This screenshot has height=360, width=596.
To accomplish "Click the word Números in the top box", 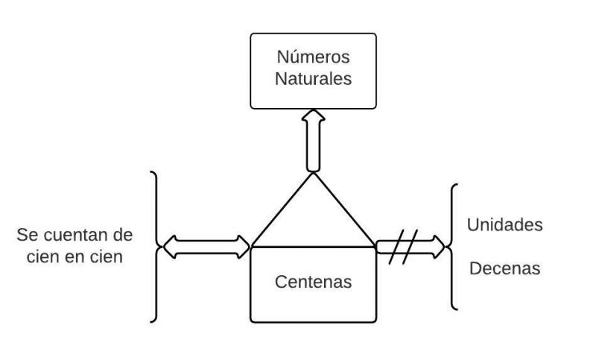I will pos(313,57).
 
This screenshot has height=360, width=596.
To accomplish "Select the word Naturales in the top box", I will pos(313,79).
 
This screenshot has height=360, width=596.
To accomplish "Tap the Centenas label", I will pos(313,282).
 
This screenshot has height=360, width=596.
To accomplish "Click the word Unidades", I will pos(504,225).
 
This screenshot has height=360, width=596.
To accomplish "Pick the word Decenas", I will pos(504,268).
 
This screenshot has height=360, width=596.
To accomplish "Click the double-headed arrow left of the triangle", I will pos(207,246).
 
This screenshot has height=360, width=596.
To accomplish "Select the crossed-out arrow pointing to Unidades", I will pos(410,246).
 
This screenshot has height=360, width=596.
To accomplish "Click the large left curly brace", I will pos(155,246).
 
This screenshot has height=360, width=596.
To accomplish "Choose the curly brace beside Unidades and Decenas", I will pos(453,246).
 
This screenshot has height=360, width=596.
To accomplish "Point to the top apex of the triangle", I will pos(313,173).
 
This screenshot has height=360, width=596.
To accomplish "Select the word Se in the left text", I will pos(26,236).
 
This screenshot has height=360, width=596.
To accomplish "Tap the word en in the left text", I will pos(77,257).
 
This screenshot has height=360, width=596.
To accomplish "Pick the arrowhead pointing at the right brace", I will pos(440,246).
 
